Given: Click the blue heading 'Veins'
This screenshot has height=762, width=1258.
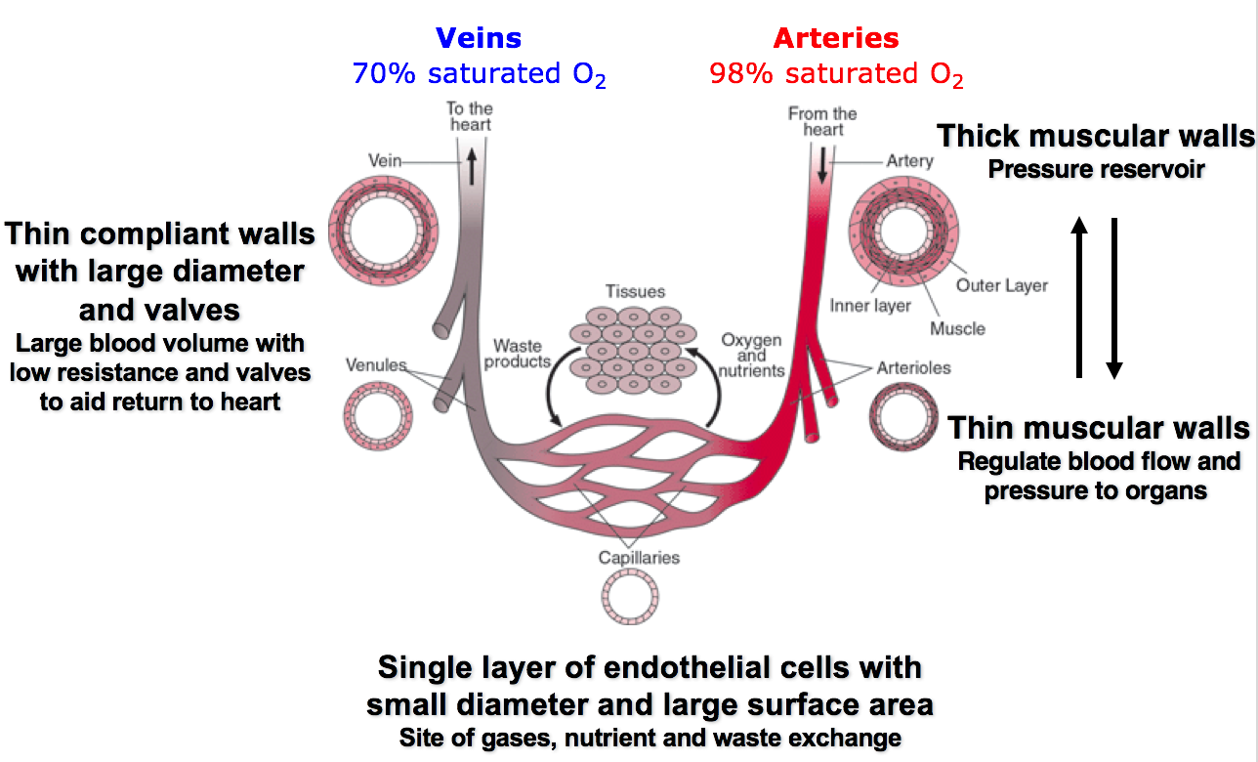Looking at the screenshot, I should click(479, 38).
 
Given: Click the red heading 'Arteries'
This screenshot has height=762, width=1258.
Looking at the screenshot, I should click(836, 38).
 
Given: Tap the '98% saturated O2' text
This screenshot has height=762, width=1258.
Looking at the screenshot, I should click(836, 74).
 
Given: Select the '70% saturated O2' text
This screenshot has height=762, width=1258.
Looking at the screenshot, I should click(479, 74).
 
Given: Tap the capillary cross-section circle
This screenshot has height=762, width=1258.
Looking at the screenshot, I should click(630, 595).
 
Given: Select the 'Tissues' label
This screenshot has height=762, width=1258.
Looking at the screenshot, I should click(635, 291).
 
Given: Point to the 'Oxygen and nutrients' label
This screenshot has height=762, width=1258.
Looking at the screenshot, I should click(751, 355).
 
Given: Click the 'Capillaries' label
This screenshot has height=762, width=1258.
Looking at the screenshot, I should click(639, 558).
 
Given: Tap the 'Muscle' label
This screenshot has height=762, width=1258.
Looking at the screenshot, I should click(957, 328).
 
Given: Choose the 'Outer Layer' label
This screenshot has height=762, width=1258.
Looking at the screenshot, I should click(1001, 286).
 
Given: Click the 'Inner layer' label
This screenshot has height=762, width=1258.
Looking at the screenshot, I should click(870, 306).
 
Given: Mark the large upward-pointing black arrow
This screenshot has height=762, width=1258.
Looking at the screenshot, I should click(1078, 297).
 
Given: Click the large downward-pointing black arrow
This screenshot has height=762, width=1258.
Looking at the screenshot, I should click(1113, 297).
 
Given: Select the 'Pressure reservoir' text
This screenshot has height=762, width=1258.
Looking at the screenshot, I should click(1096, 170).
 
